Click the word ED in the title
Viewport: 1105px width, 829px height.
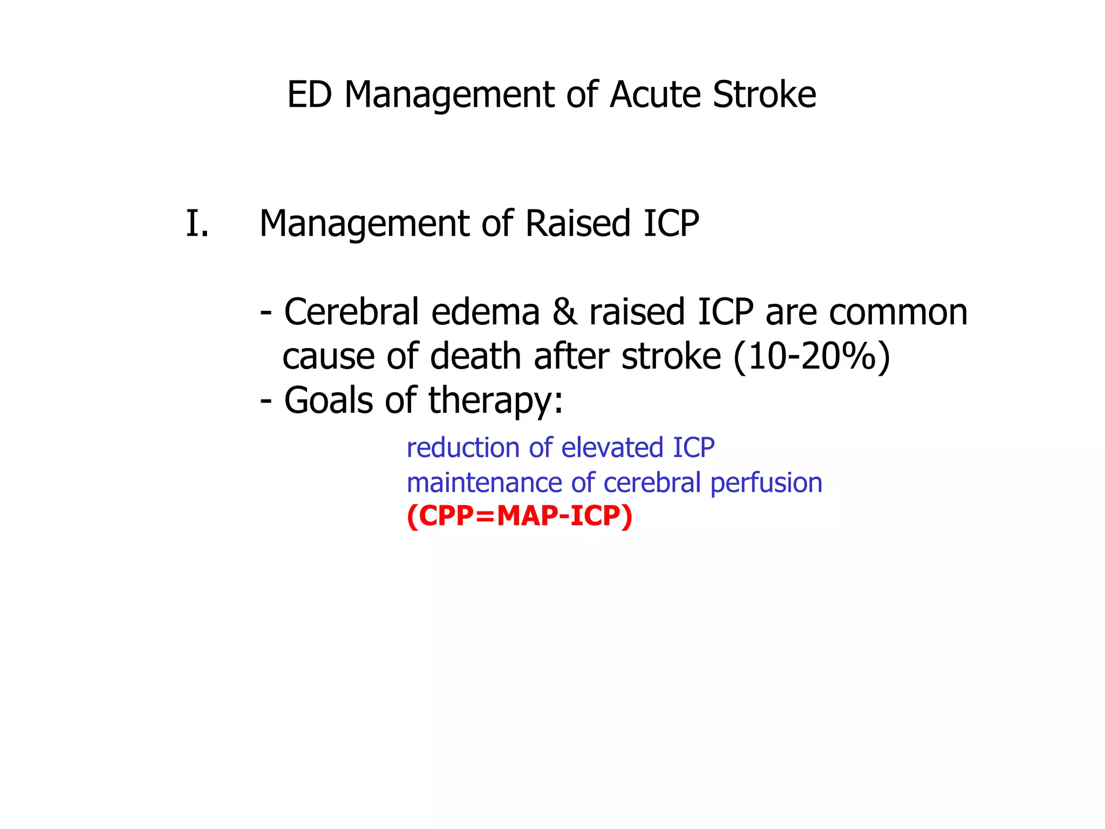309,95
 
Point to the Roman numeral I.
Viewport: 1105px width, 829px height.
197,224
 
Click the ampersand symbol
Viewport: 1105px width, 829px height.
564,312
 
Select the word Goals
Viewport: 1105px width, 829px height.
329,401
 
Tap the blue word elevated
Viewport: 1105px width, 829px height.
612,448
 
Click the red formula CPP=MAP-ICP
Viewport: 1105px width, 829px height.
519,517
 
